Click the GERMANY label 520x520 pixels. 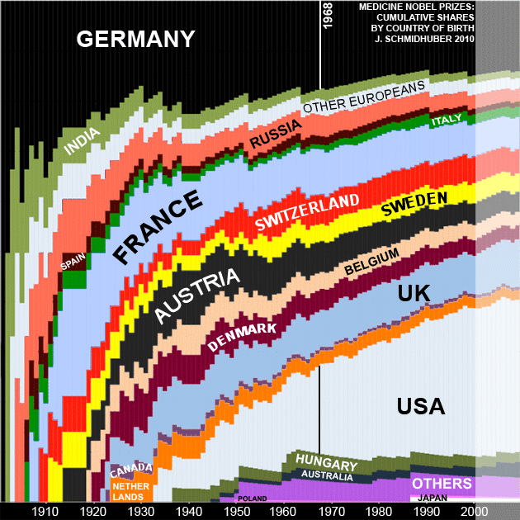click(135, 39)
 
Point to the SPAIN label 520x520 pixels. click(73, 262)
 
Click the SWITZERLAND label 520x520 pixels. click(307, 212)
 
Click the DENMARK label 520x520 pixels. click(242, 337)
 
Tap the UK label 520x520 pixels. click(414, 293)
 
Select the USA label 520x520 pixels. click(420, 406)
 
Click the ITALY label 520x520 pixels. click(447, 121)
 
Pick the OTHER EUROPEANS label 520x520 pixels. click(364, 97)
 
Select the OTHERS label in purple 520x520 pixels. click(442, 484)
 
